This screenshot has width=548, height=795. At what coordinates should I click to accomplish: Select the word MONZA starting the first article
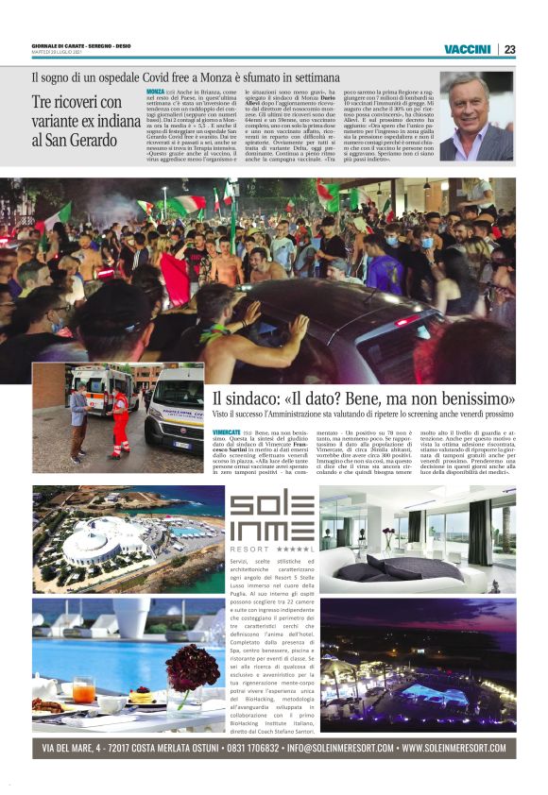156,91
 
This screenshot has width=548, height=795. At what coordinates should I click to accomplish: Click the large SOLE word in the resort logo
271,506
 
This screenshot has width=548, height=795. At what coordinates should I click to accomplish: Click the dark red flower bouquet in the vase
192,668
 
